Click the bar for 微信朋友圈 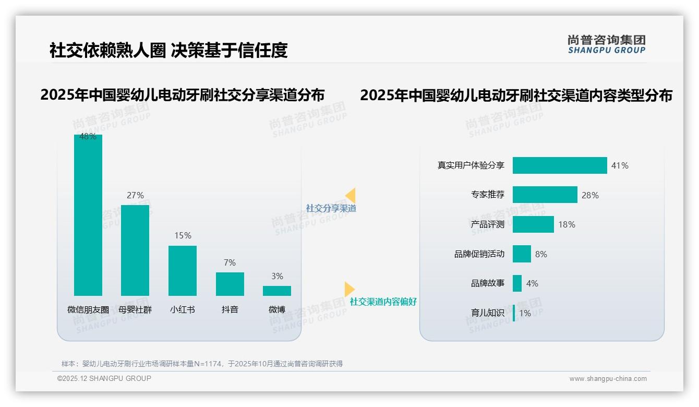(x=88, y=215)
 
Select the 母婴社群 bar (x=135, y=250)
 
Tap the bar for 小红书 (x=183, y=271)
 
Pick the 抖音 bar (x=230, y=284)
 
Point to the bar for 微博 (x=277, y=291)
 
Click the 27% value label (x=135, y=195)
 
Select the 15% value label (x=183, y=235)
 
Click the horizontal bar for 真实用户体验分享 (x=560, y=165)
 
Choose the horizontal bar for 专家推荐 (x=545, y=195)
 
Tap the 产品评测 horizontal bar (x=533, y=224)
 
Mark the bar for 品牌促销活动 (x=522, y=254)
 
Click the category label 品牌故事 (x=488, y=283)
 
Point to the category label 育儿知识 (x=488, y=313)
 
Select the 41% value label (x=620, y=165)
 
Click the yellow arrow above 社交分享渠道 (x=351, y=195)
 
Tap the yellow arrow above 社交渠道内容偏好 (x=349, y=289)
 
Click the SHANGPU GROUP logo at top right (x=607, y=44)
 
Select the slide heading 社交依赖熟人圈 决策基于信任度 (x=168, y=50)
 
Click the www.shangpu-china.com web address (x=608, y=379)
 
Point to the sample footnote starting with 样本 (x=202, y=364)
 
